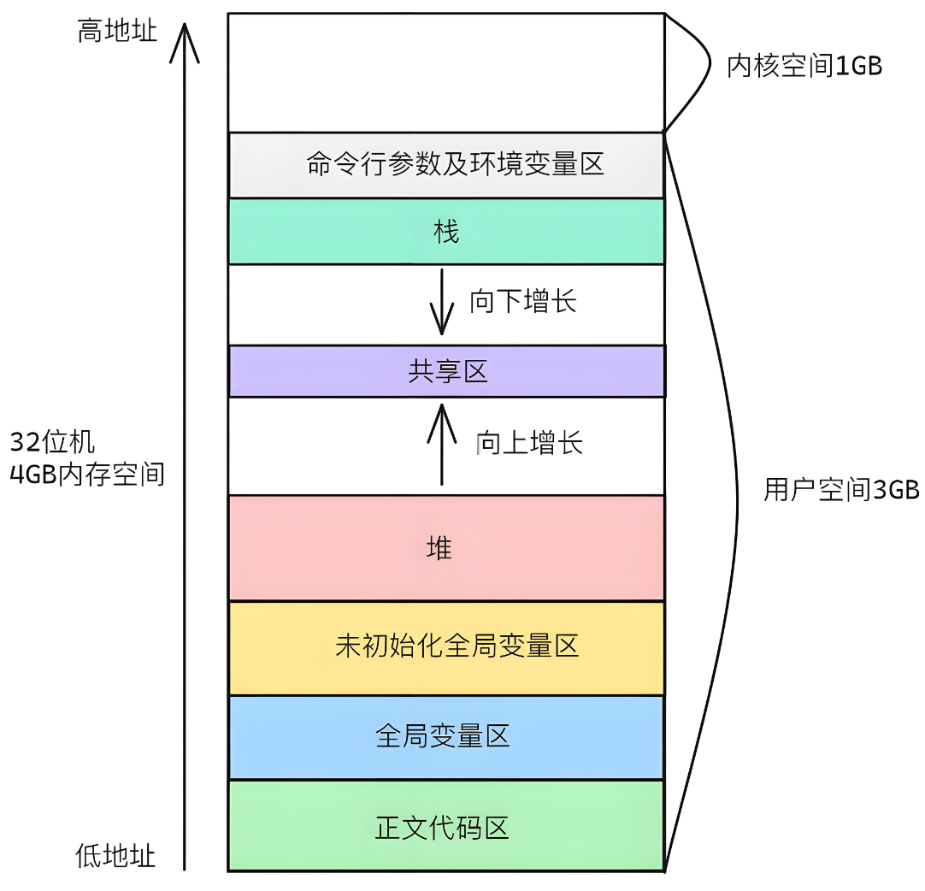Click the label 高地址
(117, 32)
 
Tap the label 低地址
(115, 855)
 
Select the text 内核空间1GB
(804, 67)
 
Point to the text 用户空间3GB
(840, 490)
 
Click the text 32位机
(52, 443)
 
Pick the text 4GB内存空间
(86, 475)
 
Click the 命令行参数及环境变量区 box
(446, 165)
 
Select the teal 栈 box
(446, 231)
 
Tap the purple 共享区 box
(446, 371)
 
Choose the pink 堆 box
(446, 547)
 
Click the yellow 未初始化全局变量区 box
(446, 646)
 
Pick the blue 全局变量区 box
(446, 736)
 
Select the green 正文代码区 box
(446, 826)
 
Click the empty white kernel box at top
(446, 73)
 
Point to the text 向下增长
(522, 301)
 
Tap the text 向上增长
(529, 443)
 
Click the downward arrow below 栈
(442, 304)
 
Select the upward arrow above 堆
(442, 445)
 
